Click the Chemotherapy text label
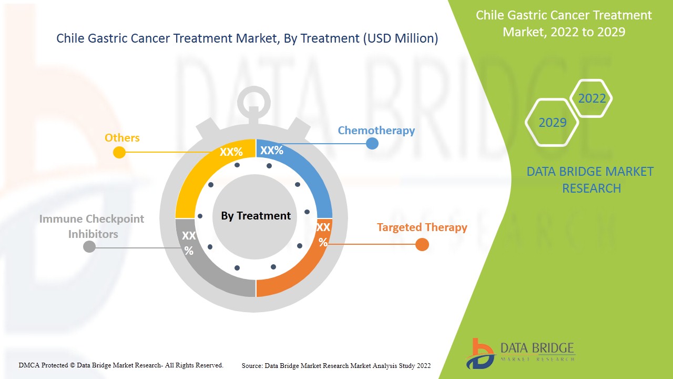pyautogui.click(x=376, y=131)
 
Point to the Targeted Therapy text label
pyautogui.click(x=422, y=227)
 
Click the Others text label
pyautogui.click(x=122, y=138)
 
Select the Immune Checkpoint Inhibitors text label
pyautogui.click(x=92, y=226)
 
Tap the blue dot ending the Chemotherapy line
pyautogui.click(x=372, y=143)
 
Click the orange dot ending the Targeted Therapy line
pyautogui.click(x=422, y=245)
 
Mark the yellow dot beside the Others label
pyautogui.click(x=119, y=153)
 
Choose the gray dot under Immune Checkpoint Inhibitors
pyautogui.click(x=89, y=246)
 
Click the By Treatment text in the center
pyautogui.click(x=256, y=216)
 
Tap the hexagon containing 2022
pyautogui.click(x=592, y=98)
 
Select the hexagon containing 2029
pyautogui.click(x=552, y=123)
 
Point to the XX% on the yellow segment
pyautogui.click(x=231, y=152)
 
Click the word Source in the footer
pyautogui.click(x=252, y=365)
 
